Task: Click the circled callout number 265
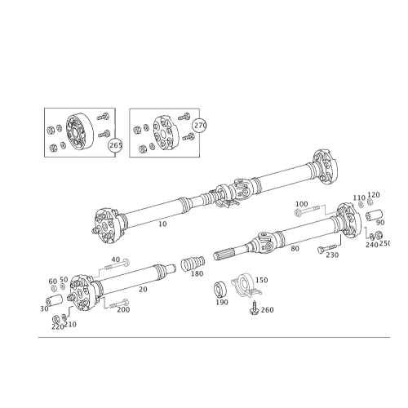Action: coord(115,145)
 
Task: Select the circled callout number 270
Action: coord(200,126)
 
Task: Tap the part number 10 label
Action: coord(162,224)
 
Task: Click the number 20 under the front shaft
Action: coord(143,290)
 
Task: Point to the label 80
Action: coord(295,248)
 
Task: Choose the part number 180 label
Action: coord(197,273)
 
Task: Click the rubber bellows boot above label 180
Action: coord(193,263)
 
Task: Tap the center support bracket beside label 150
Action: coord(246,286)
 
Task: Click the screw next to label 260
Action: coord(254,308)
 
